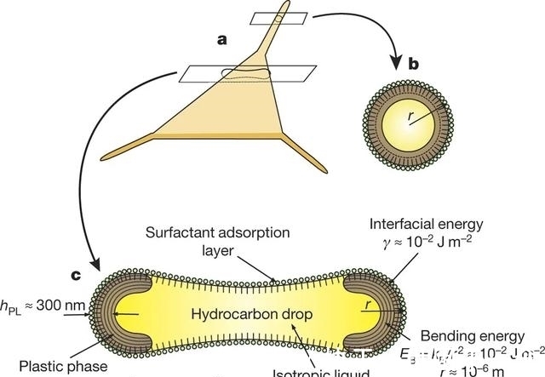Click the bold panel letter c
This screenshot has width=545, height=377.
[x=76, y=275]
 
